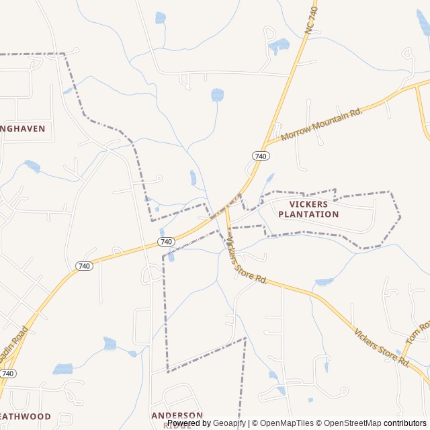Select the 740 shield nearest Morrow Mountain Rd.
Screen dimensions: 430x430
tap(261, 156)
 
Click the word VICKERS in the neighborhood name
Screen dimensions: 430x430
tap(308, 204)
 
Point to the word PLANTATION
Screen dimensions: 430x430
tap(308, 214)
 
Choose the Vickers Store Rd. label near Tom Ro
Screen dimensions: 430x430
tap(382, 347)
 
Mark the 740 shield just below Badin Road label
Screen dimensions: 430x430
tap(7, 373)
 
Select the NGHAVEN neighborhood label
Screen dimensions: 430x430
tap(23, 128)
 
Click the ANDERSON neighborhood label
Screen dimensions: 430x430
tap(177, 415)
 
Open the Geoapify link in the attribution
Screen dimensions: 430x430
tap(229, 423)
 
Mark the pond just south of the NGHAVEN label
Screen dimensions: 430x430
tap(32, 165)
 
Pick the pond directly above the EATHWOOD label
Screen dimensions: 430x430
tap(62, 369)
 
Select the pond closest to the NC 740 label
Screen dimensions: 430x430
tap(279, 46)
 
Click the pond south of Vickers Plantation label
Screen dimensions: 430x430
tap(324, 282)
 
